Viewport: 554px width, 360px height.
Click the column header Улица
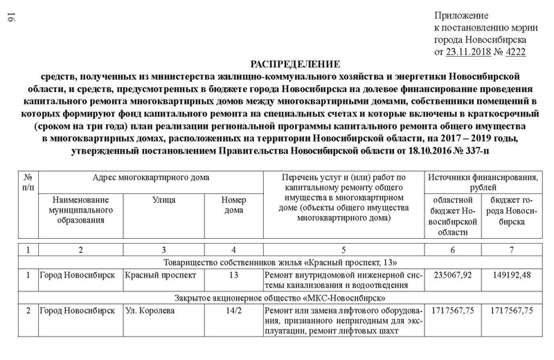point(163,199)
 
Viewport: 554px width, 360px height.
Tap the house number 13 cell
point(233,276)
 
